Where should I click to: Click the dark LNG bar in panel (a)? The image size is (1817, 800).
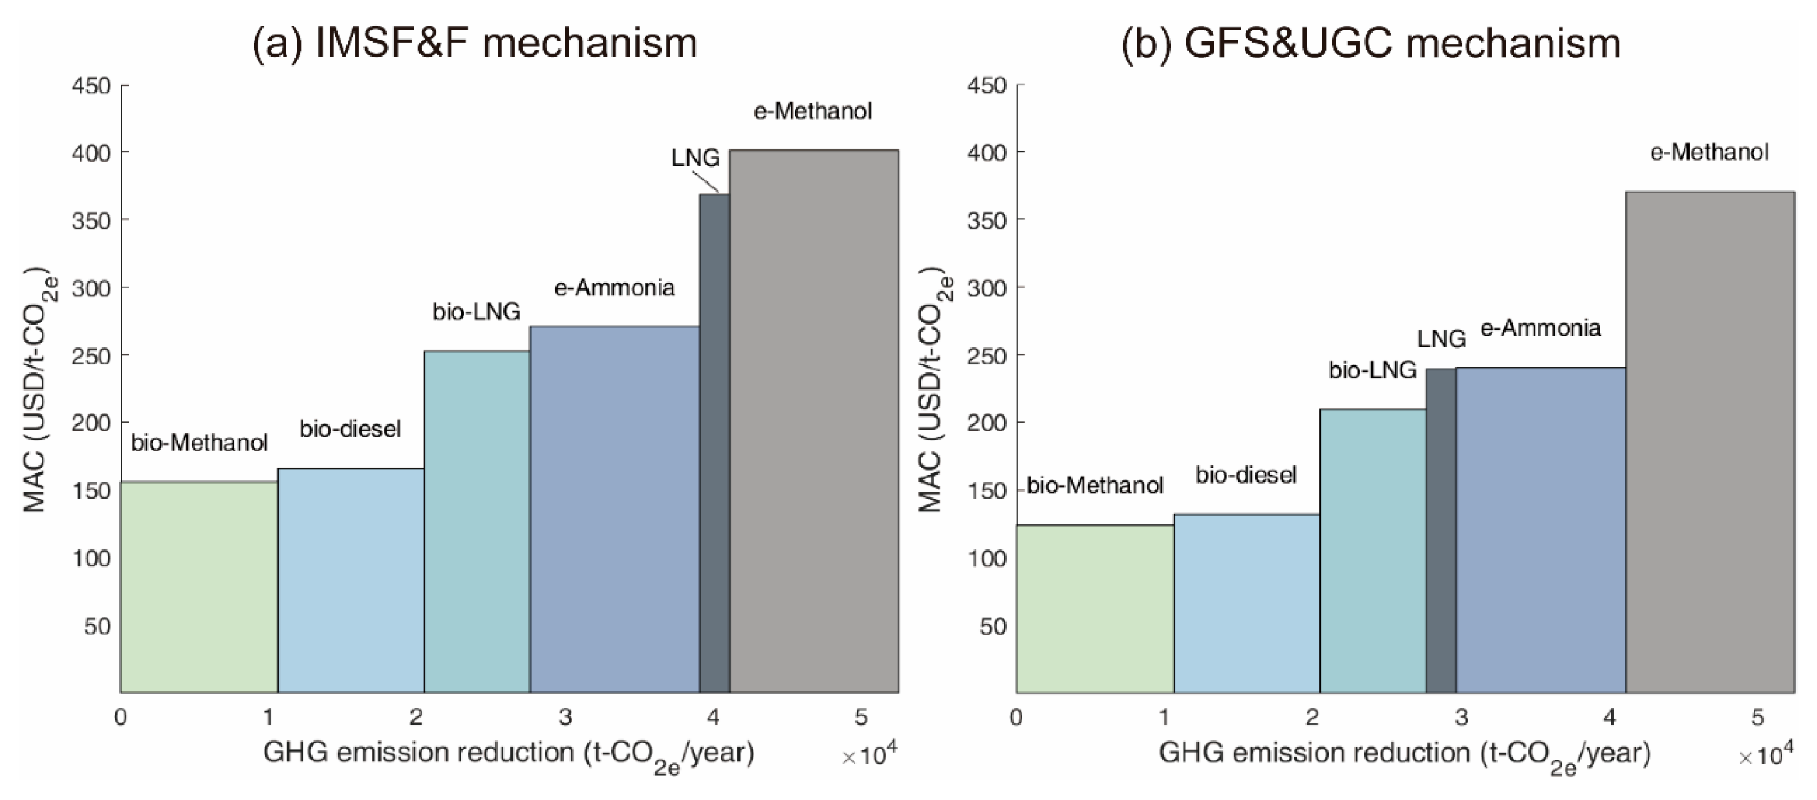click(714, 445)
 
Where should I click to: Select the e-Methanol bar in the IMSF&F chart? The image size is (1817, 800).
click(813, 423)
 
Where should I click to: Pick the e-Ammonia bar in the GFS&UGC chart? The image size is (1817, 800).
click(1540, 529)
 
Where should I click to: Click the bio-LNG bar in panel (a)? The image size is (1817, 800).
click(477, 522)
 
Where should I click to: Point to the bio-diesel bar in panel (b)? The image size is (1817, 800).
click(1246, 603)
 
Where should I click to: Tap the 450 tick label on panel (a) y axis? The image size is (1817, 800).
click(91, 85)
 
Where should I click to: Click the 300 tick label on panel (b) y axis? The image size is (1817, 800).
click(986, 288)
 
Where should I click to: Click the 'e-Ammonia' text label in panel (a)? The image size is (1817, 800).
click(614, 287)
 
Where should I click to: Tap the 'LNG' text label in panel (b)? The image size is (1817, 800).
click(1441, 339)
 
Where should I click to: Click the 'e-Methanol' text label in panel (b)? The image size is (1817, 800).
click(1709, 152)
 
